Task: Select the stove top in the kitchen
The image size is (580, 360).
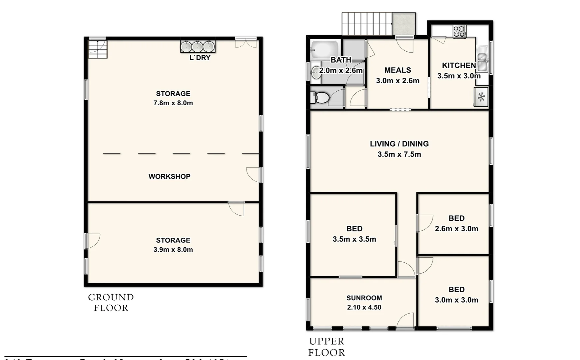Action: click(x=459, y=32)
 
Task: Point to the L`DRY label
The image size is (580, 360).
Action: click(x=200, y=58)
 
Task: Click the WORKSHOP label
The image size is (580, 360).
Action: click(x=169, y=177)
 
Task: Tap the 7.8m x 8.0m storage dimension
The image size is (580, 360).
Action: click(x=173, y=103)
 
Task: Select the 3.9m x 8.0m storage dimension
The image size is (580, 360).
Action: click(x=173, y=250)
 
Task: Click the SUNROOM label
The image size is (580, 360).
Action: click(x=364, y=298)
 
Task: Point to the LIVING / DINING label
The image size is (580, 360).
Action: click(x=399, y=144)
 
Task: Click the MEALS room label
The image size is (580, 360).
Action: click(x=397, y=70)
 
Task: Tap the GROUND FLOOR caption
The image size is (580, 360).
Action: click(x=111, y=302)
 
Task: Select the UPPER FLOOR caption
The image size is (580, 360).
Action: click(x=326, y=347)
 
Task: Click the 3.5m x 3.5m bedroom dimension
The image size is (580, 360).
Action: click(x=354, y=239)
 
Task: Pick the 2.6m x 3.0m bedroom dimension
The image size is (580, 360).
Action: click(x=456, y=229)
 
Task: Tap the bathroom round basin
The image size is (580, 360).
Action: click(x=315, y=72)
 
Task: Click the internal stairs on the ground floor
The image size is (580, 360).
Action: click(x=98, y=49)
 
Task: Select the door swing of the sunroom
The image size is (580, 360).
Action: click(x=406, y=321)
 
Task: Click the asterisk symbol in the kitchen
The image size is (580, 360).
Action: click(x=481, y=97)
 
